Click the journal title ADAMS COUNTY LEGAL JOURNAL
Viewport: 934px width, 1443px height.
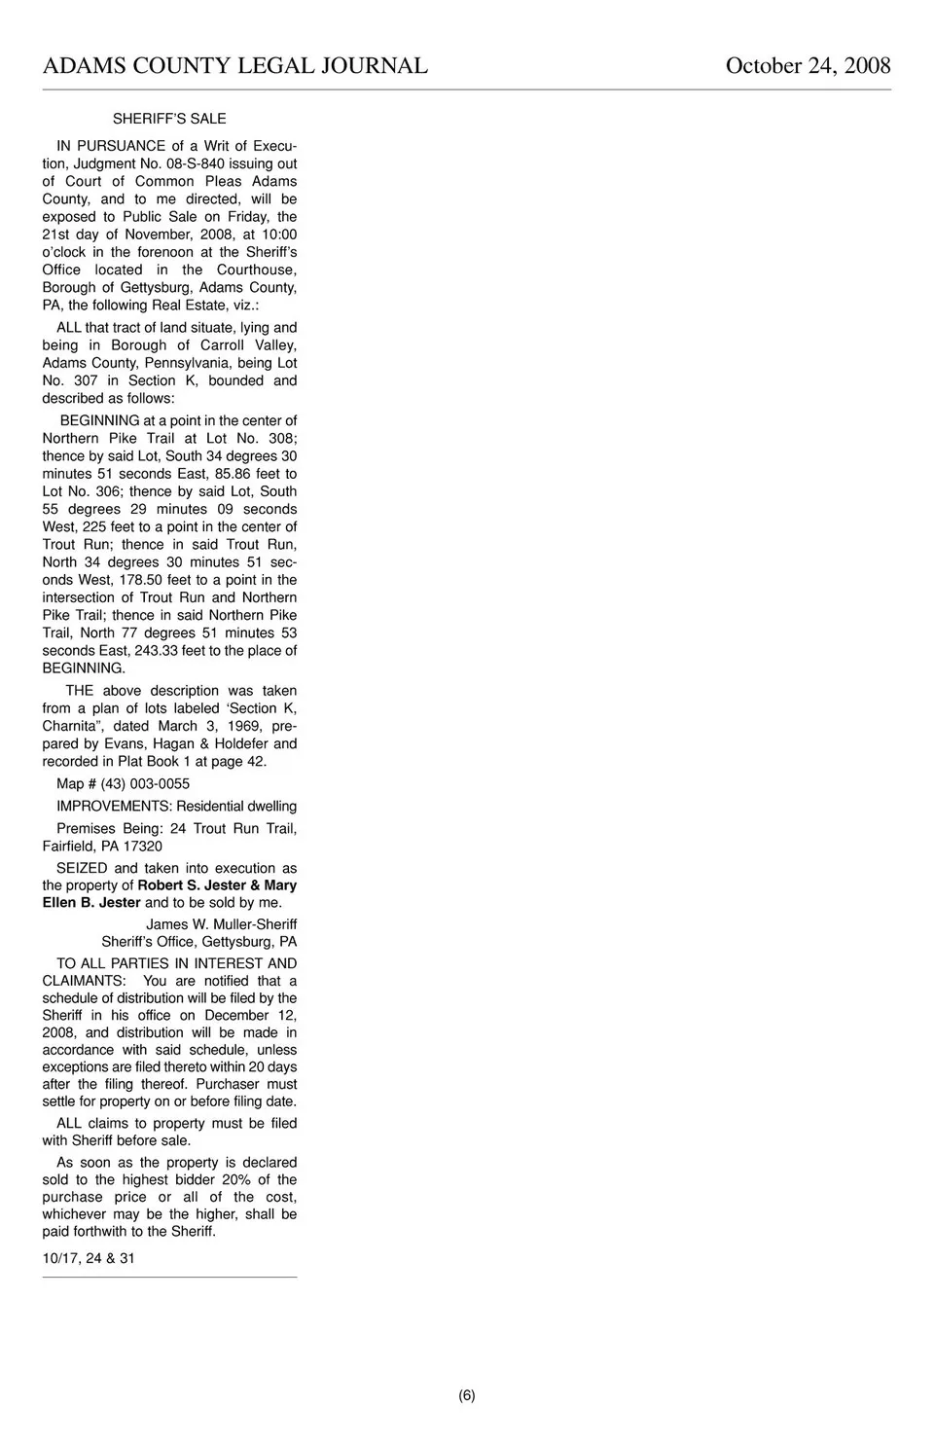point(234,66)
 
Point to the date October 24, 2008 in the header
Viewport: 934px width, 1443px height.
point(808,66)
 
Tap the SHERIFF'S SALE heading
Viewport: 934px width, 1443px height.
point(169,119)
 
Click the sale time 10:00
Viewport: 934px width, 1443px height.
point(279,234)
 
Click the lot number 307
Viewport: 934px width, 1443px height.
point(86,380)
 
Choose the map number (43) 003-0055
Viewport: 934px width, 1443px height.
point(145,783)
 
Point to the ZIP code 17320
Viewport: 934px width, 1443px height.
point(142,846)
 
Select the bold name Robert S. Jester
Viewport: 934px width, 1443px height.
point(191,885)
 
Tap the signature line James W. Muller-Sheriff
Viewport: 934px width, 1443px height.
point(221,924)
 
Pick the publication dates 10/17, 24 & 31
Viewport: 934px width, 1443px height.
point(89,1258)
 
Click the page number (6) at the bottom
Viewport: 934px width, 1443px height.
point(467,1395)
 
